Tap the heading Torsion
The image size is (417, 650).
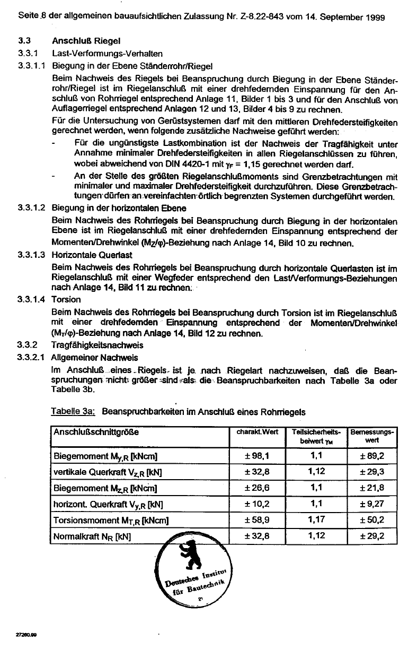coord(66,299)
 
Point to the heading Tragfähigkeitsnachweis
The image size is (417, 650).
coord(94,345)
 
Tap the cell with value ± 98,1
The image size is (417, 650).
coord(258,455)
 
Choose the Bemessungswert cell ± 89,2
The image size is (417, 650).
coord(371,455)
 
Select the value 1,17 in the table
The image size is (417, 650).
coord(316,519)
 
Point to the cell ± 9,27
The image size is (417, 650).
coord(371,504)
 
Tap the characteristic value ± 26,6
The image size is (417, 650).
coord(258,487)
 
